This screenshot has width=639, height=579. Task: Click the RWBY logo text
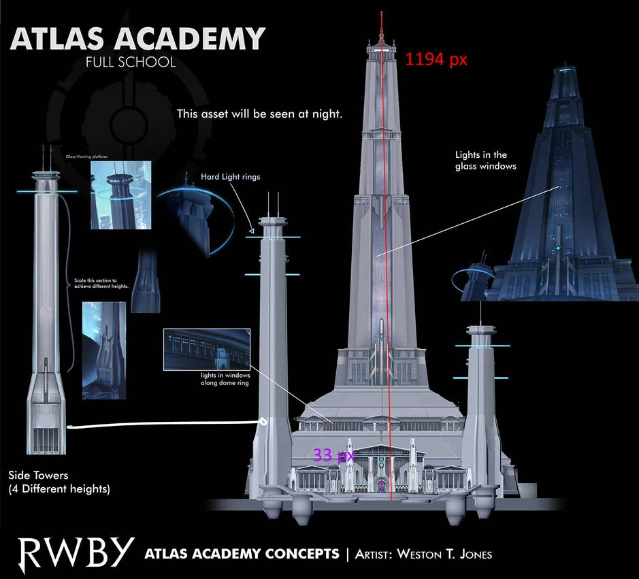point(76,553)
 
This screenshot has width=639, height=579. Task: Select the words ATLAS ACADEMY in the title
point(137,39)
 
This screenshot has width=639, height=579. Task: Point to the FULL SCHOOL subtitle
point(131,63)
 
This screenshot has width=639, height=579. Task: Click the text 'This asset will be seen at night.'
point(259,114)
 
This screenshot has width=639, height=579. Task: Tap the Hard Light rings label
point(230,177)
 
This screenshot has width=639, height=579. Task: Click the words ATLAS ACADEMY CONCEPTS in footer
point(242,553)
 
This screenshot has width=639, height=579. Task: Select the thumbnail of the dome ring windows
point(207,349)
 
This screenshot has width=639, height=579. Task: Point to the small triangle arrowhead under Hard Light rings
point(251,232)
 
